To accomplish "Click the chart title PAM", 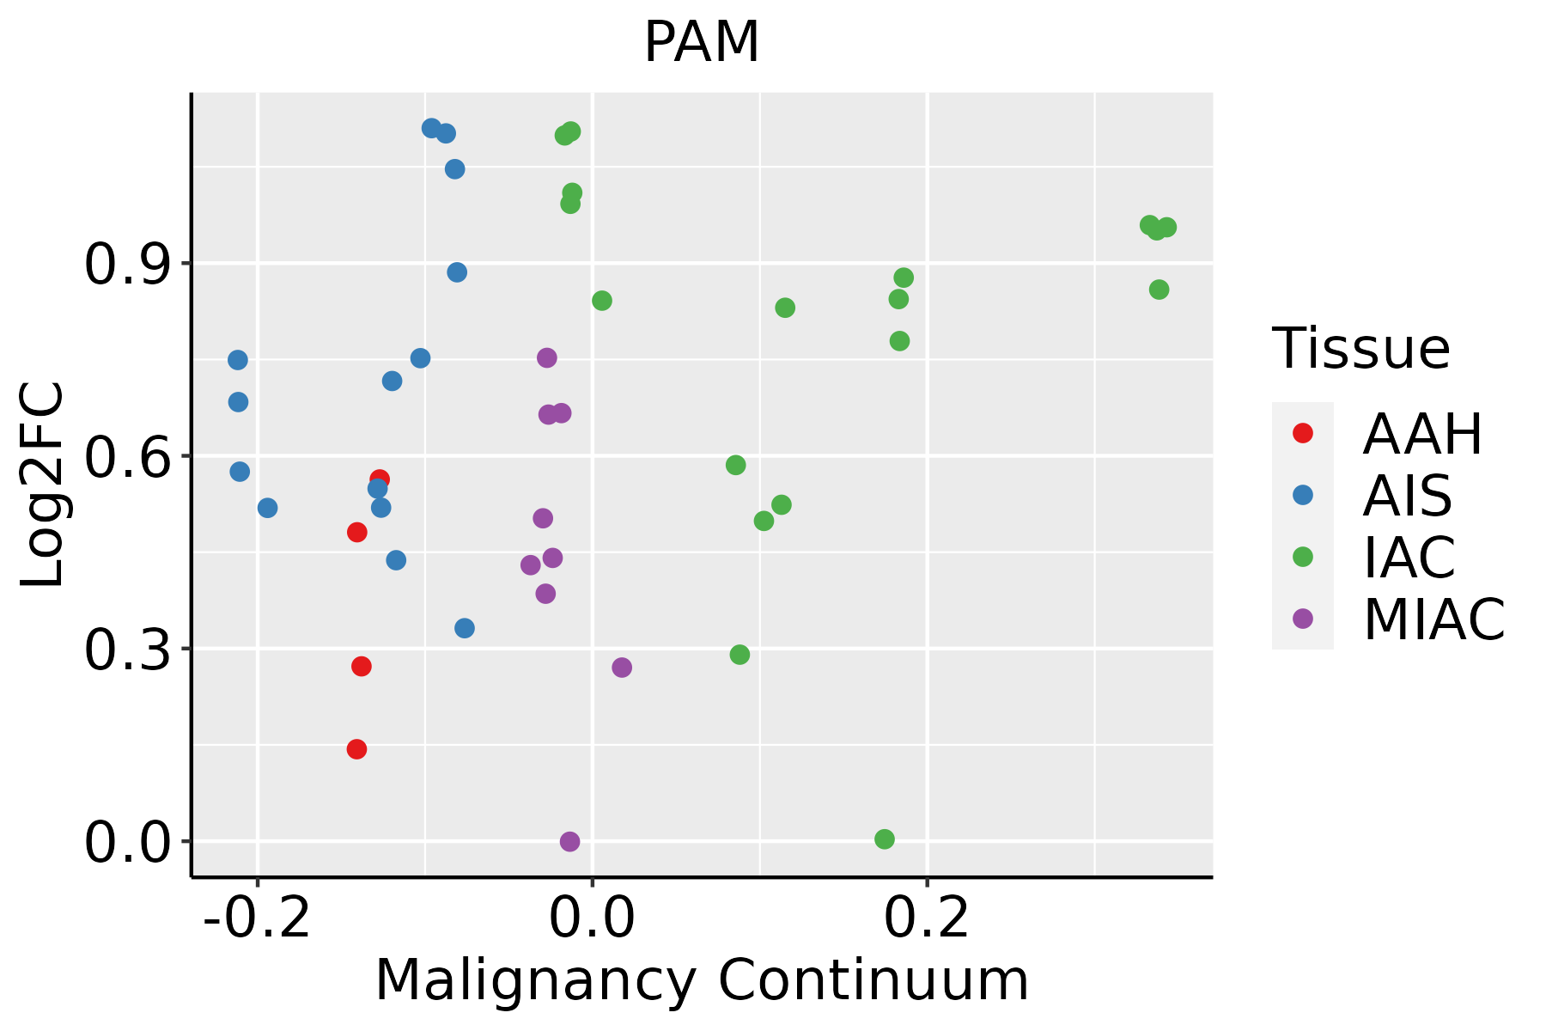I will click(702, 43).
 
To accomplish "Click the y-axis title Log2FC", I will click(43, 485).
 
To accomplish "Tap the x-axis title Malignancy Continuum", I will click(702, 980).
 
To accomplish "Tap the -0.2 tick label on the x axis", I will click(256, 918).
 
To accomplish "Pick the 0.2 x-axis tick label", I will click(927, 918).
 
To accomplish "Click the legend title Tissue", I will click(1360, 349).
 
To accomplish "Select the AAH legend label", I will click(1422, 434).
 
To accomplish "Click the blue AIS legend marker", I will click(1303, 495).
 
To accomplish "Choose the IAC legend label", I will click(1409, 557).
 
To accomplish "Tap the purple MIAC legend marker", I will click(1303, 619).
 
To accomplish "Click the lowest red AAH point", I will click(356, 749).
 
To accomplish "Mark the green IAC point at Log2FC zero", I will click(885, 839).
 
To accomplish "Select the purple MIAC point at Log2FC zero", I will click(569, 842).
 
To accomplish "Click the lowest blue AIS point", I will click(465, 628).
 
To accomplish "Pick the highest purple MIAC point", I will click(547, 357).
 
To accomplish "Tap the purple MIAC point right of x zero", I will click(622, 668).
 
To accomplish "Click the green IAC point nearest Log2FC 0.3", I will click(740, 655).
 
